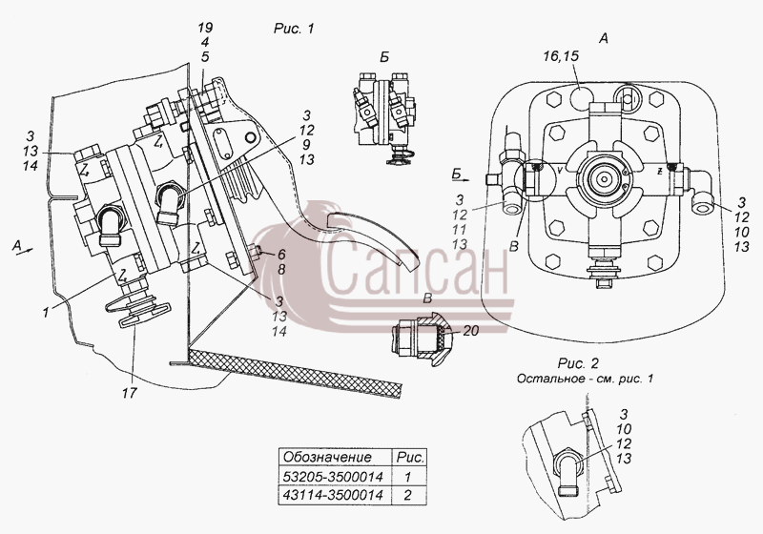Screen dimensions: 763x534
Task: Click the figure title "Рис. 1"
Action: [x=294, y=29]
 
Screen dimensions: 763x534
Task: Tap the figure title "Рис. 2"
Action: [x=578, y=363]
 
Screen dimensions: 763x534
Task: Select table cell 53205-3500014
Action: [x=333, y=476]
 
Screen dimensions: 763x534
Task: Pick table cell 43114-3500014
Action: [x=333, y=495]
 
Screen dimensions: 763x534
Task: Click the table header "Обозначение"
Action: [x=327, y=457]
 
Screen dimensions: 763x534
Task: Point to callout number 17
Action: [x=129, y=393]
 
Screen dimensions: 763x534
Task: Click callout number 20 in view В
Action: [x=470, y=331]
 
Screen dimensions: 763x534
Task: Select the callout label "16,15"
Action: [x=562, y=56]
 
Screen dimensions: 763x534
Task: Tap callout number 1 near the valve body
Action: [x=46, y=312]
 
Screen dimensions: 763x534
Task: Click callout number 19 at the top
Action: [x=205, y=28]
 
